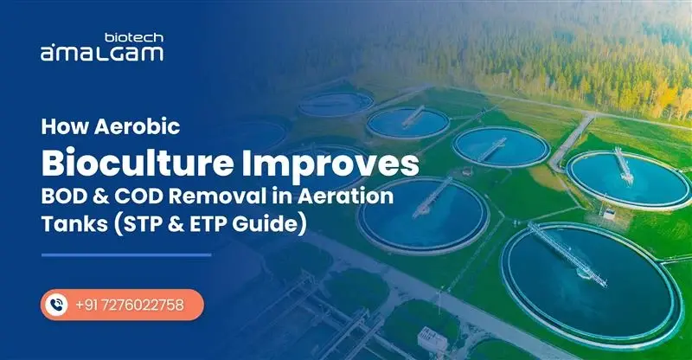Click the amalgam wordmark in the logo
point(101,53)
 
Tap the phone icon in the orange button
point(58,305)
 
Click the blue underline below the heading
point(126,255)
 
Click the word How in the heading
point(62,127)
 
